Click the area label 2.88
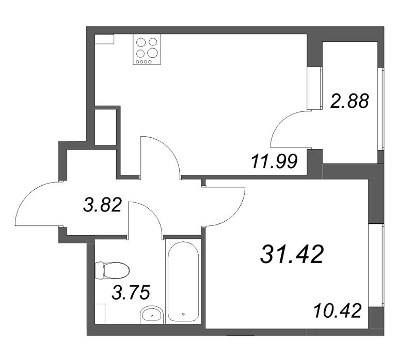pyautogui.click(x=350, y=101)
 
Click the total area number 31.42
pyautogui.click(x=292, y=254)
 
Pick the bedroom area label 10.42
pyautogui.click(x=336, y=311)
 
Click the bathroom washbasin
pyautogui.click(x=152, y=314)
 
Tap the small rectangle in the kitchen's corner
pyautogui.click(x=104, y=40)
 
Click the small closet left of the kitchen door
pyautogui.click(x=105, y=127)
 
